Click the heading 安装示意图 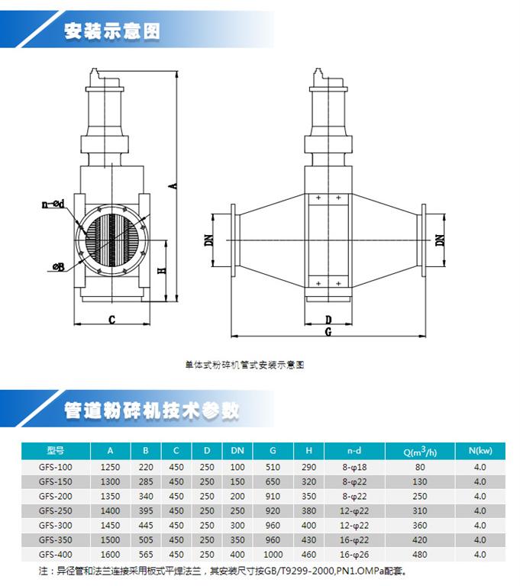coord(112,31)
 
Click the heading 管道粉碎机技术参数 coord(151,411)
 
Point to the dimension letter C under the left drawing coord(111,320)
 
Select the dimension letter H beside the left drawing coord(162,270)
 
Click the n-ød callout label coord(53,204)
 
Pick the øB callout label coord(59,267)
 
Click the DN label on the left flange coord(209,240)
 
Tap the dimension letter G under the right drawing coord(328,331)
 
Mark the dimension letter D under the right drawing coord(328,320)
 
